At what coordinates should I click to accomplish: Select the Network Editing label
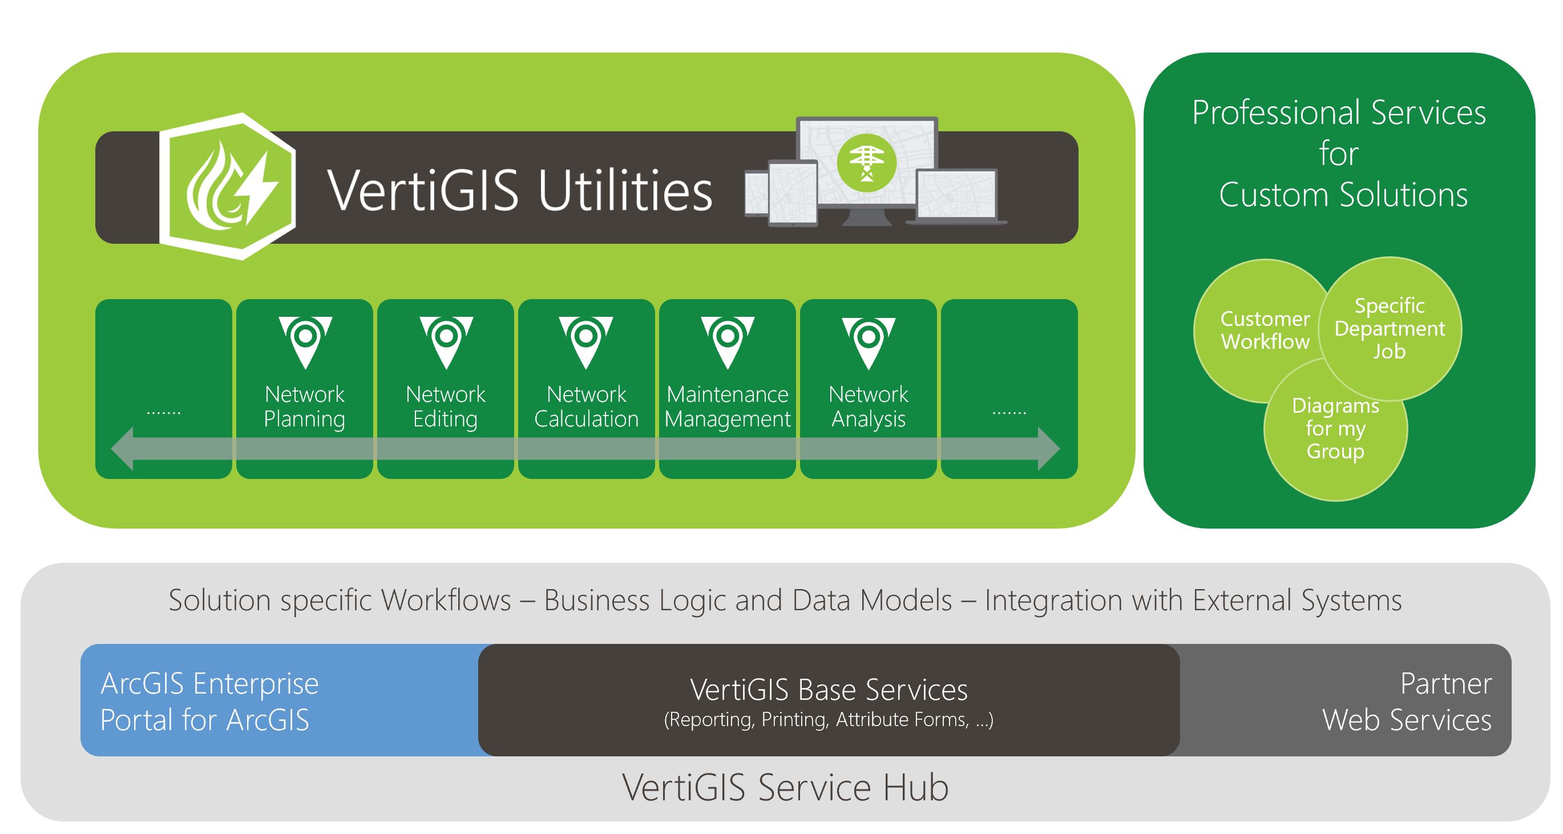click(x=445, y=406)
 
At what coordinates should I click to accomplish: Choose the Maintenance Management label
click(x=727, y=406)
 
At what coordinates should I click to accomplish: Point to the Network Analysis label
click(x=869, y=406)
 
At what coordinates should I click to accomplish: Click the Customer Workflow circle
click(x=1256, y=331)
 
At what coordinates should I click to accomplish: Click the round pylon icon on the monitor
click(x=866, y=162)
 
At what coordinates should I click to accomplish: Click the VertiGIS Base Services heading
click(x=828, y=690)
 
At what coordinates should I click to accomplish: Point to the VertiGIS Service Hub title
click(x=785, y=788)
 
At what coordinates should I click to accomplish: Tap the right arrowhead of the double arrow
click(x=1048, y=449)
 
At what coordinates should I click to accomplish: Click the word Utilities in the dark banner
click(x=625, y=190)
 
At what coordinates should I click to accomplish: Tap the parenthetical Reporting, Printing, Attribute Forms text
click(x=828, y=720)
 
